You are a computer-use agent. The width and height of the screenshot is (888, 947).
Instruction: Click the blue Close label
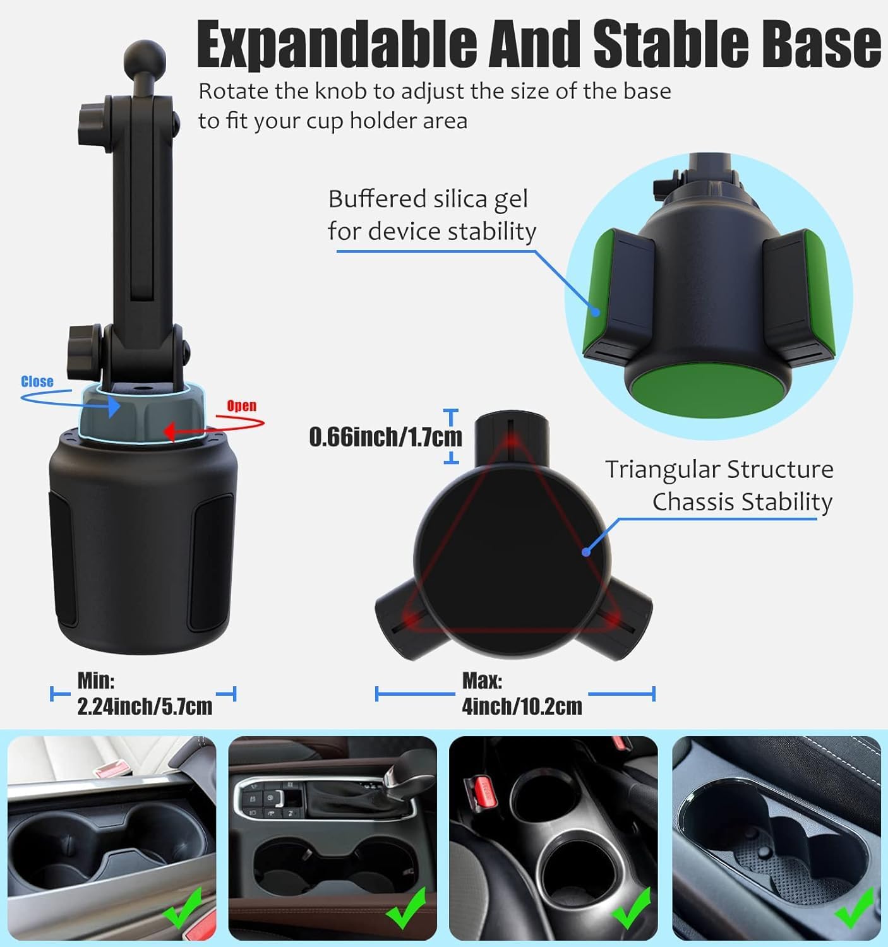tap(37, 381)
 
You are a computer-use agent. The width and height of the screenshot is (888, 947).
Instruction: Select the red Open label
tap(241, 405)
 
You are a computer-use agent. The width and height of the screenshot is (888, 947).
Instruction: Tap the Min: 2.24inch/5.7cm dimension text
tap(145, 694)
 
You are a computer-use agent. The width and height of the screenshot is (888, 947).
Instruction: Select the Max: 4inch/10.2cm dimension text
tap(522, 694)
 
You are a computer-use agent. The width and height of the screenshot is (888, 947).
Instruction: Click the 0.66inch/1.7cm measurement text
tap(385, 437)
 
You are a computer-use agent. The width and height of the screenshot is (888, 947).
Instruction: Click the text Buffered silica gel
tap(428, 200)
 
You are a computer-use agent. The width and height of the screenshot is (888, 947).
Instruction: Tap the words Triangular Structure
tap(719, 470)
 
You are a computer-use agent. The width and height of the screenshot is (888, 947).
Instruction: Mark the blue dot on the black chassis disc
tap(586, 551)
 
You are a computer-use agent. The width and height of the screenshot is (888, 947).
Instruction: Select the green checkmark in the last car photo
tap(855, 909)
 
